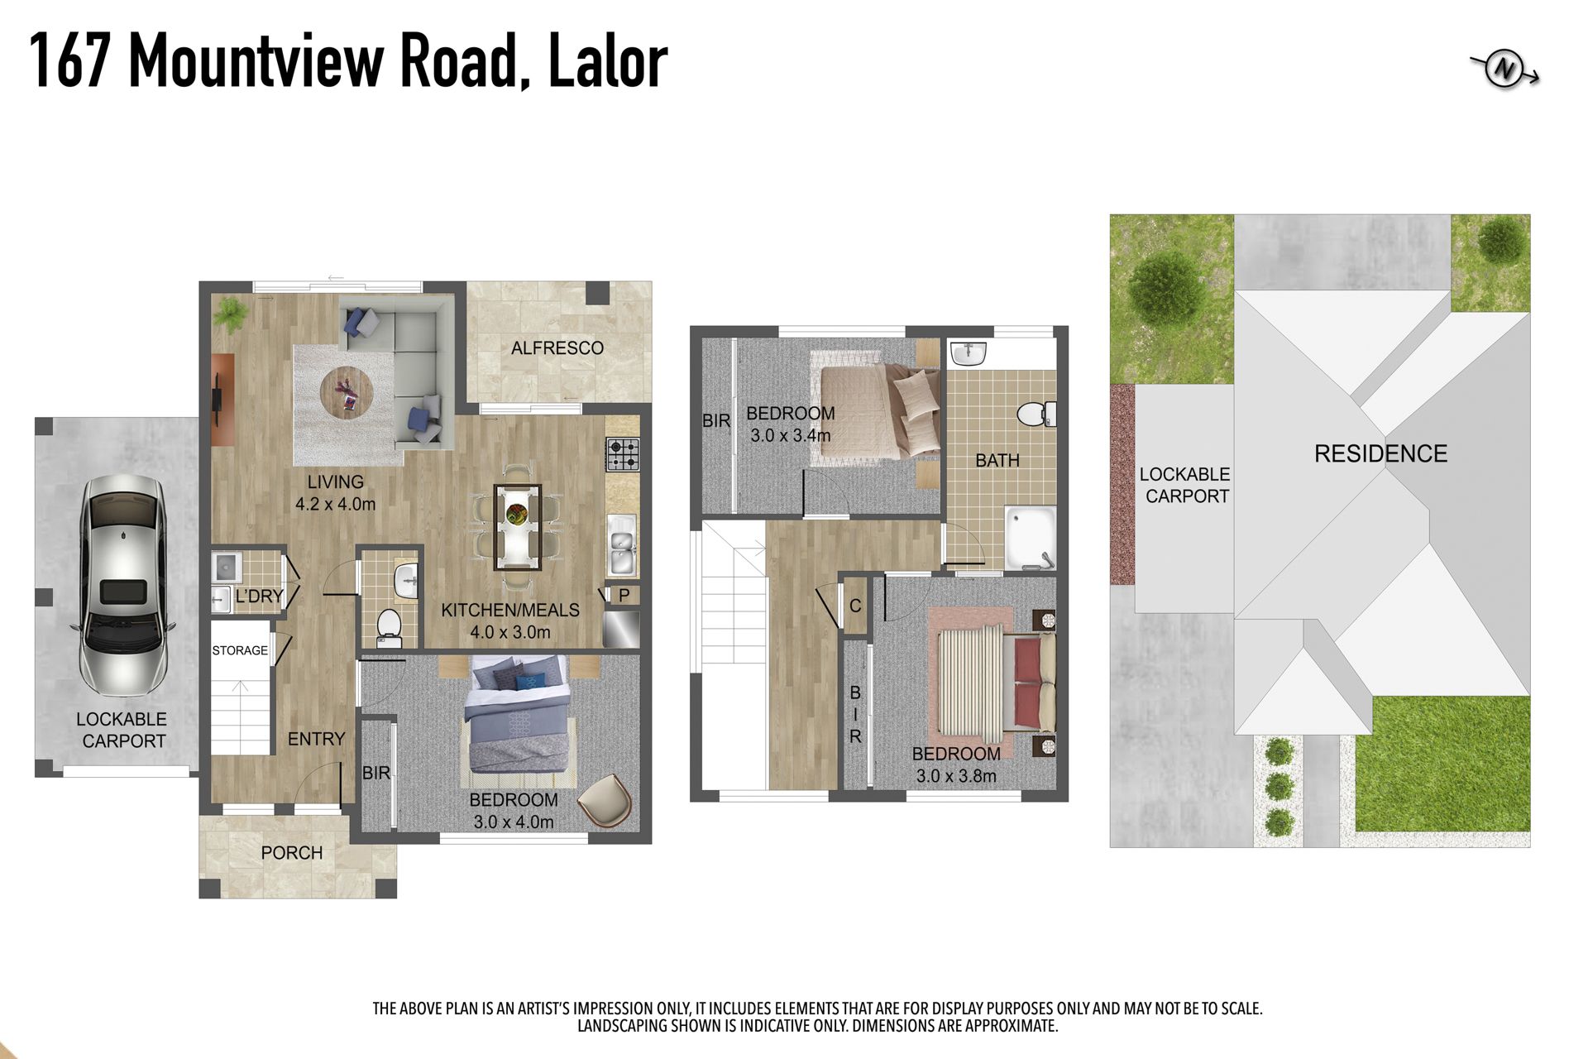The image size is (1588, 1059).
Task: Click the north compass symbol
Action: pos(1504,70)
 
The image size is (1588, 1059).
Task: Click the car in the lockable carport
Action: pos(123,586)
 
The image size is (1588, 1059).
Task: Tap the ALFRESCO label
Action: pos(557,348)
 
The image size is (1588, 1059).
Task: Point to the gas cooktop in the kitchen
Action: pos(623,454)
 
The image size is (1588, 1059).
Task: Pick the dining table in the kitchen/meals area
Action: pos(518,528)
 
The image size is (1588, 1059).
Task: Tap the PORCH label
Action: pos(292,853)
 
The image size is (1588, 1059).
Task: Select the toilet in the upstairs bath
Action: pos(1036,414)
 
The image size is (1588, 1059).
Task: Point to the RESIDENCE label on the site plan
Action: pos(1380,453)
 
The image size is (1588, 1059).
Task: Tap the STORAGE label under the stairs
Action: pos(240,650)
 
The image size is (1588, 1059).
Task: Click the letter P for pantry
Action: pos(624,595)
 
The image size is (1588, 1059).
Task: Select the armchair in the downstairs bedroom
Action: pos(605,800)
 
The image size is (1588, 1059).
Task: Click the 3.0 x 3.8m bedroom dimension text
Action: pos(956,776)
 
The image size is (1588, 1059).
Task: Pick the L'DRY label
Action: pos(260,596)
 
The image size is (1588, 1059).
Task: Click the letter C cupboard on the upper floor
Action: pos(855,606)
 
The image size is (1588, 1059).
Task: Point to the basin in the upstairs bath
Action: pos(969,353)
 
